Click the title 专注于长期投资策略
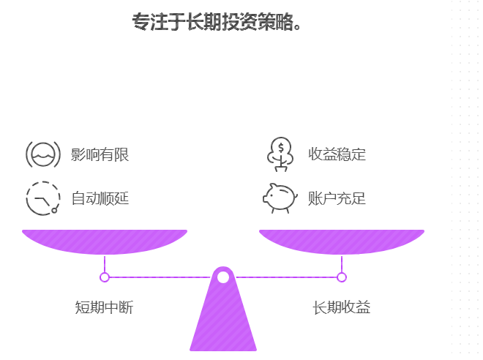point(217,22)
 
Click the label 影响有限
point(100,154)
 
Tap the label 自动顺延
point(100,198)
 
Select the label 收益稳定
point(337,154)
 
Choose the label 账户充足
point(337,198)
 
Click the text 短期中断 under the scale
point(104,307)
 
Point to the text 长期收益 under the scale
point(341,307)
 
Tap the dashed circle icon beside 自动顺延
point(42,198)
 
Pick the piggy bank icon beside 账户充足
point(280,198)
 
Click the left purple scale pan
point(104,241)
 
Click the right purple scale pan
point(341,241)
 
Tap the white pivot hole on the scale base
point(223,277)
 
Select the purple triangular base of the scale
point(223,322)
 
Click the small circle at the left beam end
point(105,277)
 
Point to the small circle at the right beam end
point(342,277)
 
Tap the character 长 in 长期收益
point(319,307)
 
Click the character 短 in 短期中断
point(82,307)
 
